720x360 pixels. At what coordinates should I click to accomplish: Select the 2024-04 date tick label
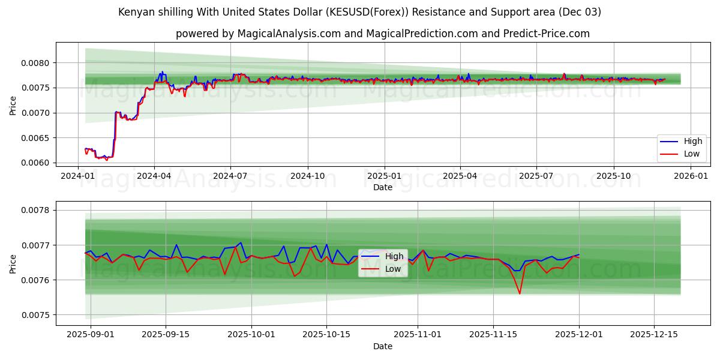click(x=154, y=176)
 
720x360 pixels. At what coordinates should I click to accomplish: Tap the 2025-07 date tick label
click(x=536, y=176)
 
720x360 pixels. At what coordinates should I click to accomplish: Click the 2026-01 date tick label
click(x=691, y=176)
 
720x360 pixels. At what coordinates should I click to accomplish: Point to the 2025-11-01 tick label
click(x=421, y=334)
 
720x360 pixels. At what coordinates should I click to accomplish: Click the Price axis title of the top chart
click(x=13, y=106)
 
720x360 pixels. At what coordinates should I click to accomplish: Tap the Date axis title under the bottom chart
click(x=383, y=346)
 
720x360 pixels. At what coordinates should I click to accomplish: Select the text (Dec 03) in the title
click(x=579, y=12)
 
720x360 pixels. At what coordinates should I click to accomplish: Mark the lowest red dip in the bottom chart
click(x=520, y=293)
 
